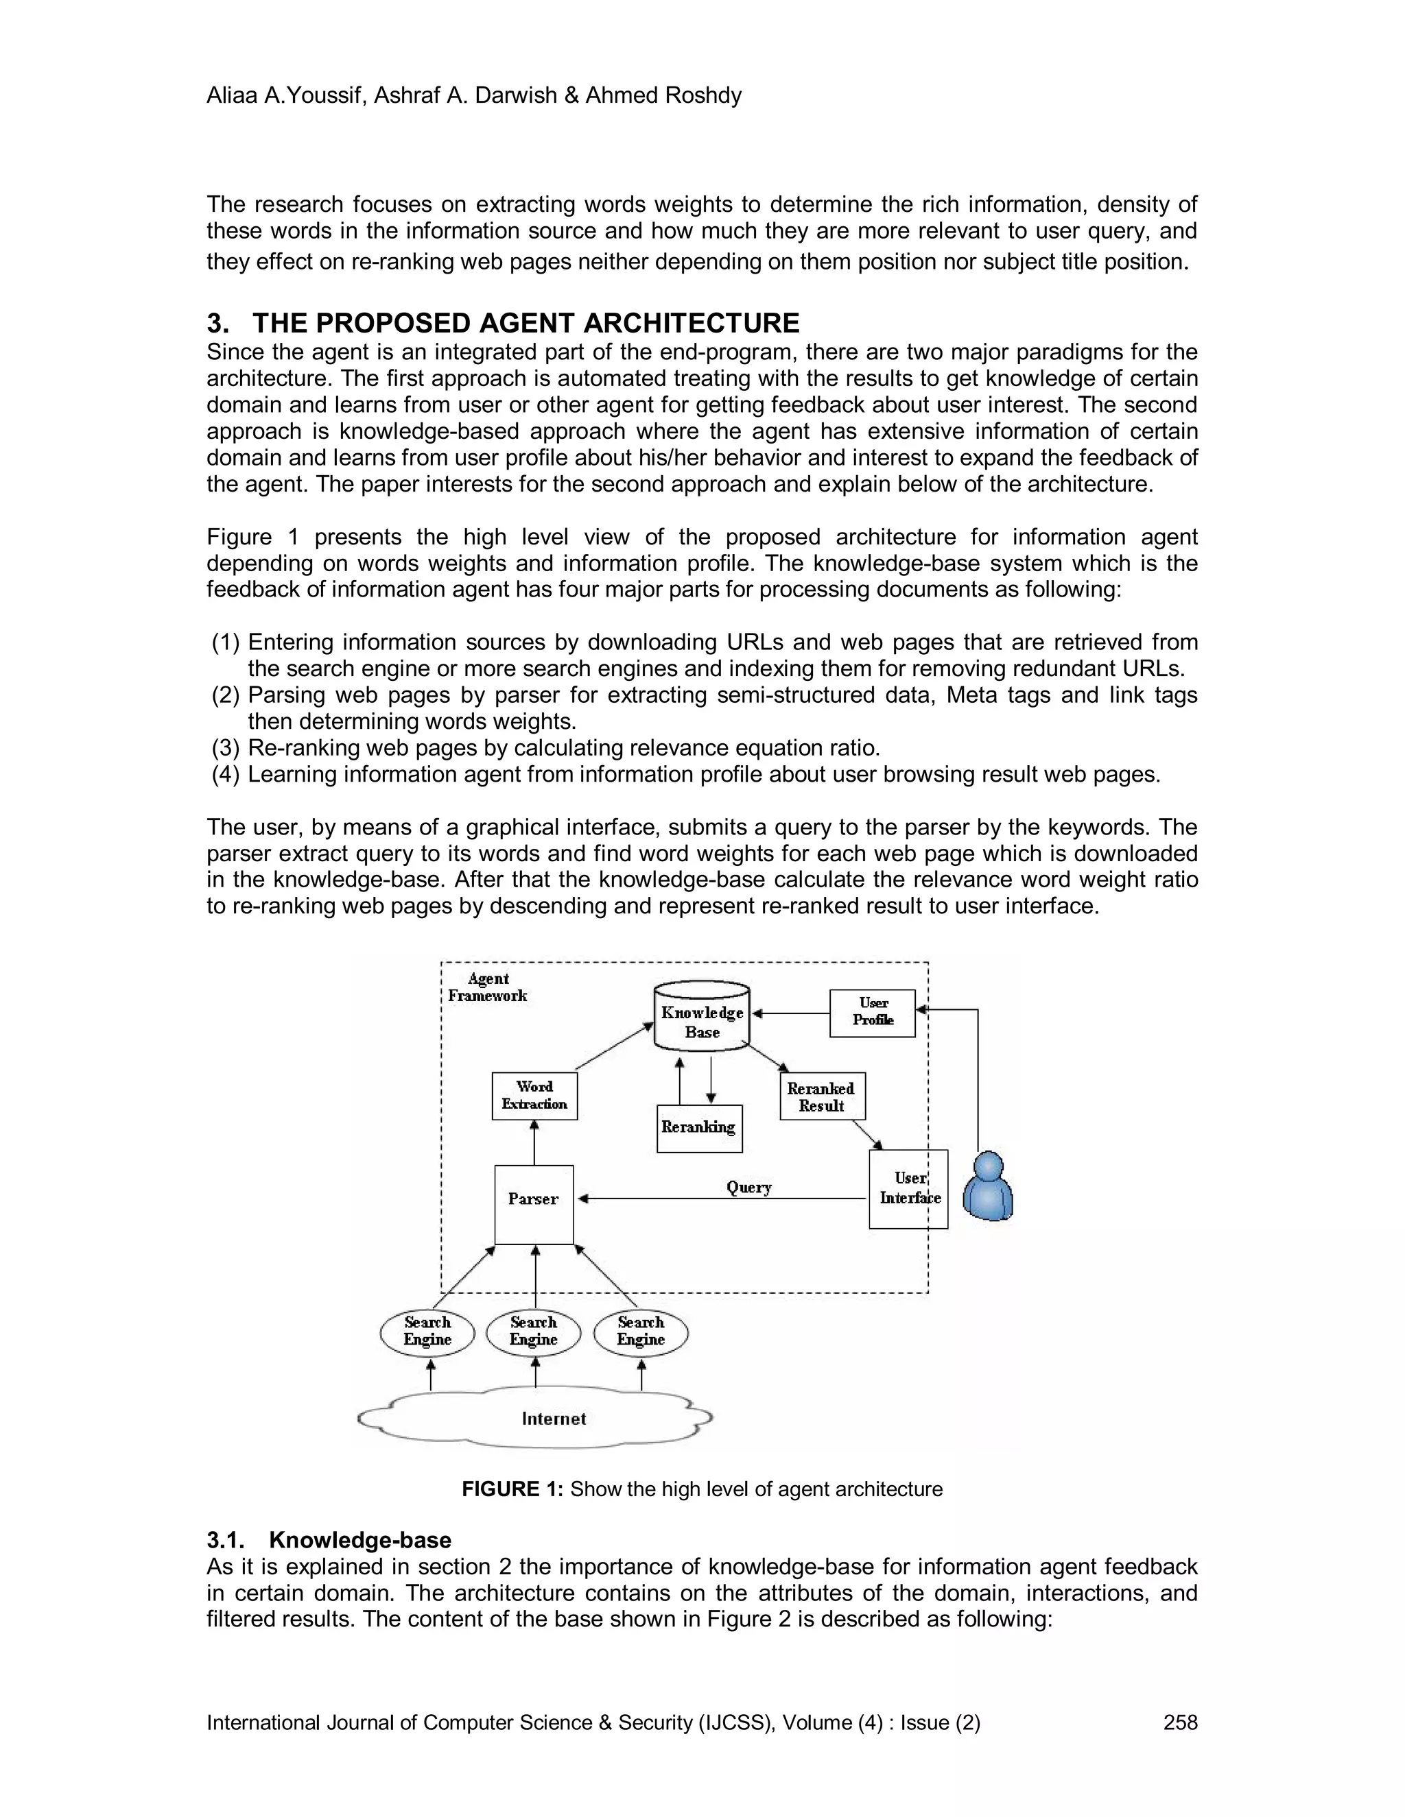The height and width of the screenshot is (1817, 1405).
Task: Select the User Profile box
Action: (x=873, y=1013)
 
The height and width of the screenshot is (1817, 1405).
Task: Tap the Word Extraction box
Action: (x=534, y=1096)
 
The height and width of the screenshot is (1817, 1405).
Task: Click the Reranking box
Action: (x=699, y=1128)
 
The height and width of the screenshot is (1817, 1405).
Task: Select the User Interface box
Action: (x=908, y=1189)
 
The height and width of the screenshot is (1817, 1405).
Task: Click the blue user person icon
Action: (x=987, y=1186)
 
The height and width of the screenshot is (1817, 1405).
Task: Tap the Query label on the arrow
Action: (x=748, y=1187)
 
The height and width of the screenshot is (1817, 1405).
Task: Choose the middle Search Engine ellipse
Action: (x=534, y=1331)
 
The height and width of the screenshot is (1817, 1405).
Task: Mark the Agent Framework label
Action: (x=488, y=987)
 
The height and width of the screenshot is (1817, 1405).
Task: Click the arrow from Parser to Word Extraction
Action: (x=534, y=1142)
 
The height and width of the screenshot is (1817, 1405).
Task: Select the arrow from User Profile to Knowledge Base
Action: (x=791, y=1013)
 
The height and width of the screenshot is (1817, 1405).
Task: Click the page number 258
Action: (x=1180, y=1722)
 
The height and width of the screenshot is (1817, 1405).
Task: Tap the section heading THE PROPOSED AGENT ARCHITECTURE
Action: (x=526, y=323)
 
